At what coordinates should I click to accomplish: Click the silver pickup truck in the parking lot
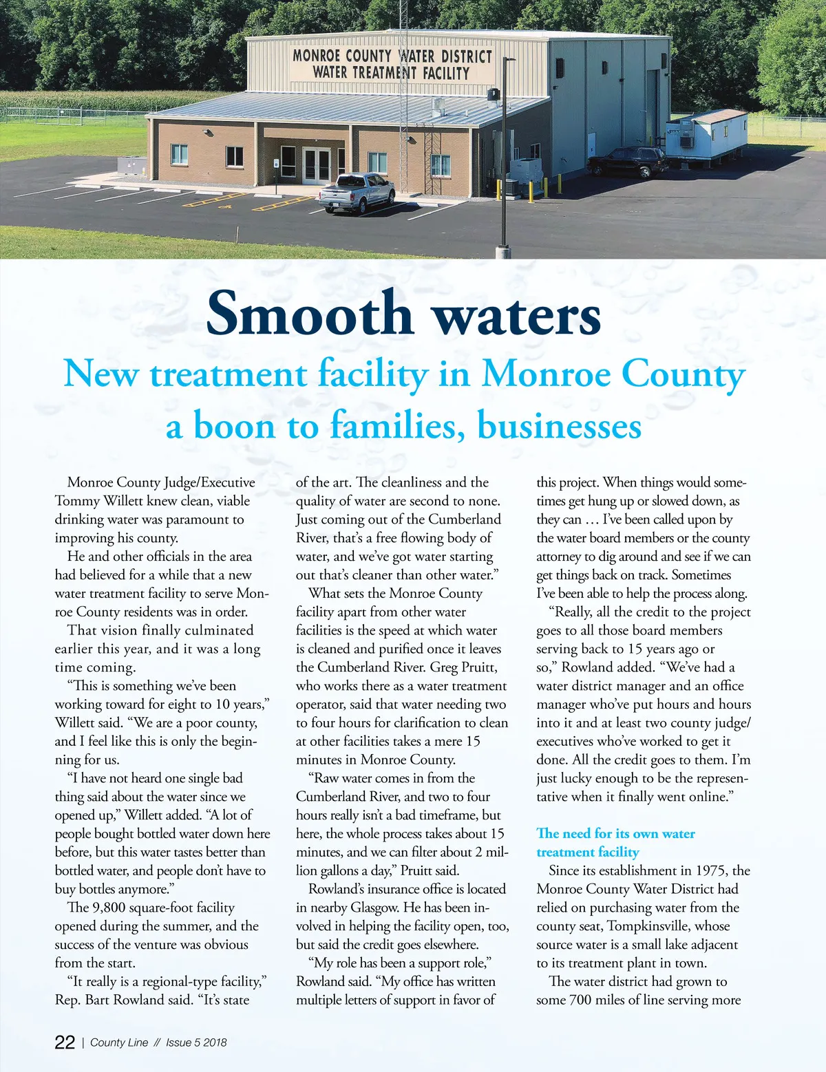356,193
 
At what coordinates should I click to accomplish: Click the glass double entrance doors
317,165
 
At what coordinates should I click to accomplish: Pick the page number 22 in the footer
65,1042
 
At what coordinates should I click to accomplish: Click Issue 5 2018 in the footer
196,1042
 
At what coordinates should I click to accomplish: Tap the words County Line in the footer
119,1042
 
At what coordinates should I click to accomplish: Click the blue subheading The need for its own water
615,833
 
